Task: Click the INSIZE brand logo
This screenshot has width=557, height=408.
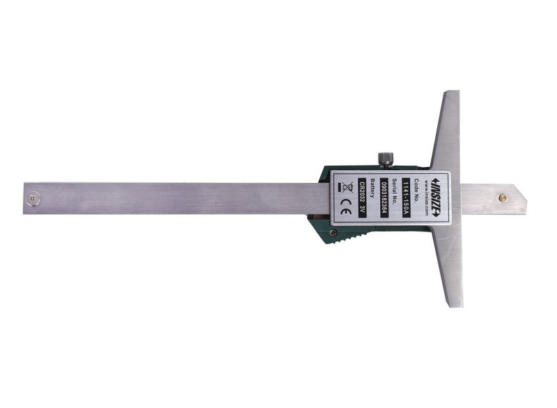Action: (437, 197)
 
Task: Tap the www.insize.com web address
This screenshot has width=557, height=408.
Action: (425, 198)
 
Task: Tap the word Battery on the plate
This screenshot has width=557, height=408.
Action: (372, 188)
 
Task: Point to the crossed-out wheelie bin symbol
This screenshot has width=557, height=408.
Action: (347, 187)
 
